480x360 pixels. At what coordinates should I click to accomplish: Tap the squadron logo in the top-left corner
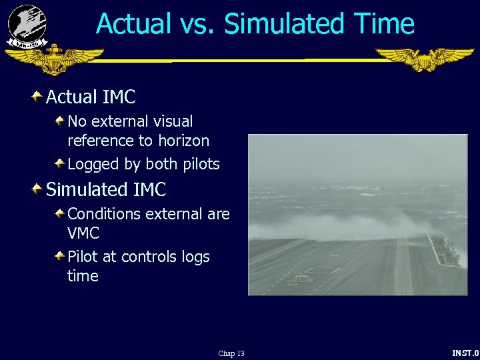(27, 25)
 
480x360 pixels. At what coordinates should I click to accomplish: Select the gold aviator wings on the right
(425, 59)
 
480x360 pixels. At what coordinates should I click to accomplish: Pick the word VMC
(83, 233)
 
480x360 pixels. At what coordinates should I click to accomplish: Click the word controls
(150, 257)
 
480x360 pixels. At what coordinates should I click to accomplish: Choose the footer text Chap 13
(231, 353)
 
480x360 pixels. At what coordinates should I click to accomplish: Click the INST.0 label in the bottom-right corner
(465, 353)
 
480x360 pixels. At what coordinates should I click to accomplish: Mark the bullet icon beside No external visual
(59, 121)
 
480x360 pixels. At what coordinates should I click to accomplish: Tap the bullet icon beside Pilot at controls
(59, 257)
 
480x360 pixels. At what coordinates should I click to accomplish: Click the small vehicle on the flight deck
(301, 278)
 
